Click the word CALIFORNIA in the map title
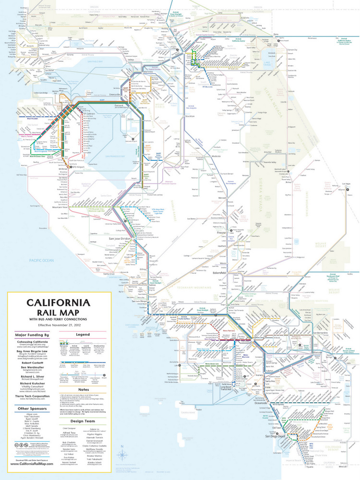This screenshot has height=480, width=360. [x=59, y=303]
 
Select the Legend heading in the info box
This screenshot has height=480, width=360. [x=83, y=334]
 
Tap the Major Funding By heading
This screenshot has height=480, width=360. [x=32, y=334]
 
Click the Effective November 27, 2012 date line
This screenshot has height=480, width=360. [x=59, y=324]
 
